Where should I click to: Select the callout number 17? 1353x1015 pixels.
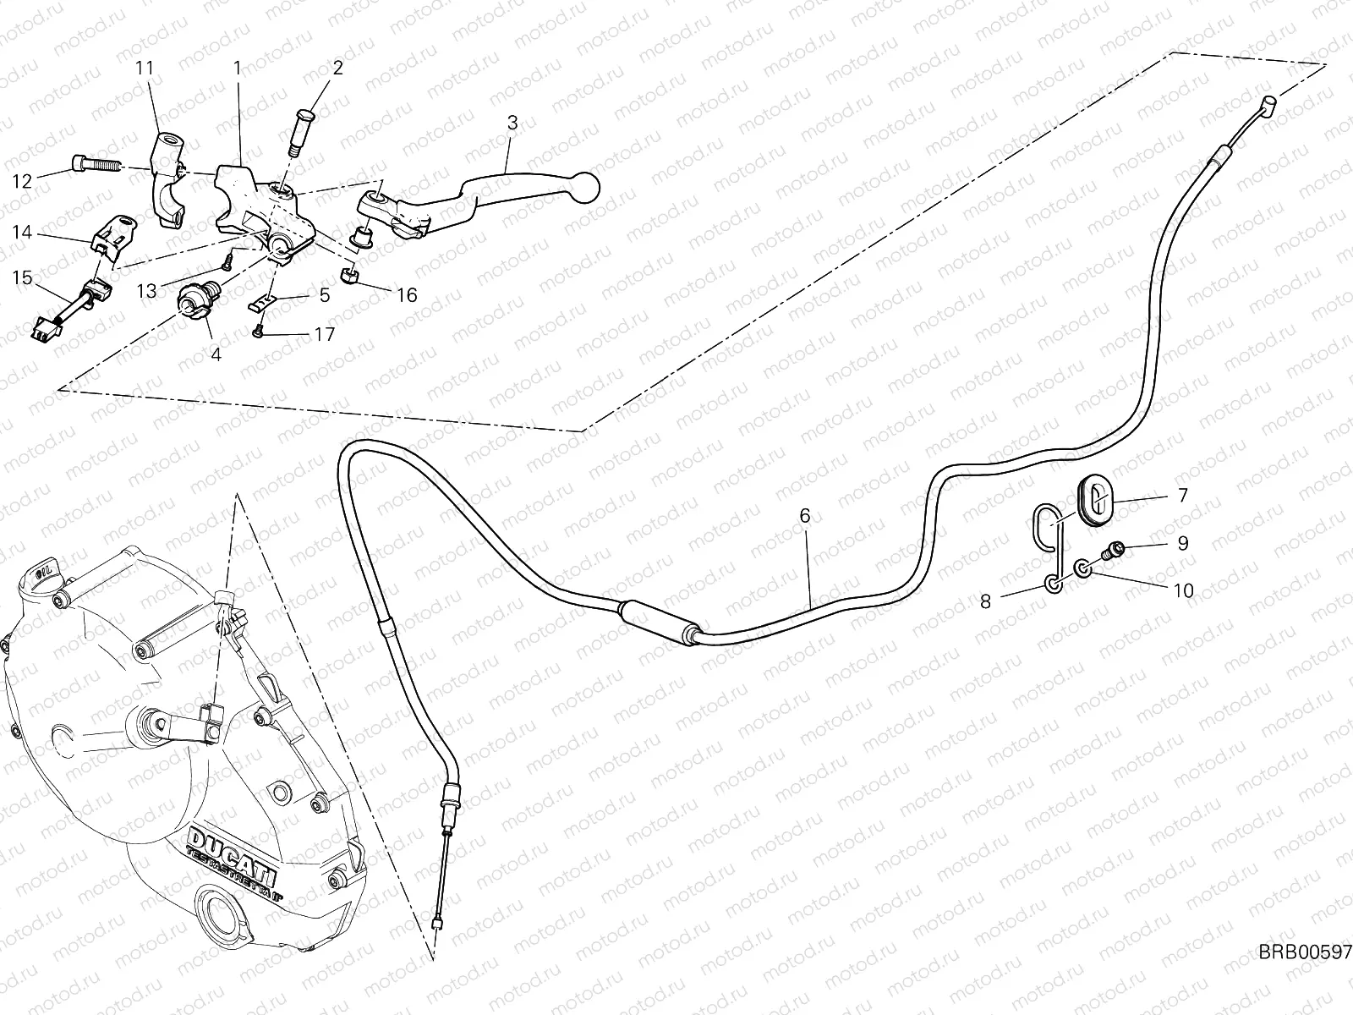[x=324, y=334]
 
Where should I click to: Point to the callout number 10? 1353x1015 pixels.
[x=1183, y=590]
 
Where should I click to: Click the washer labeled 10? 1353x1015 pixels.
[x=1083, y=568]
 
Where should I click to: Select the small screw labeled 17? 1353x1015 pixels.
[x=258, y=332]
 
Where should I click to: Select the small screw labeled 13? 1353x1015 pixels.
[x=227, y=262]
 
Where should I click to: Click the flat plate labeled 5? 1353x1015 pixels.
[x=261, y=301]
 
